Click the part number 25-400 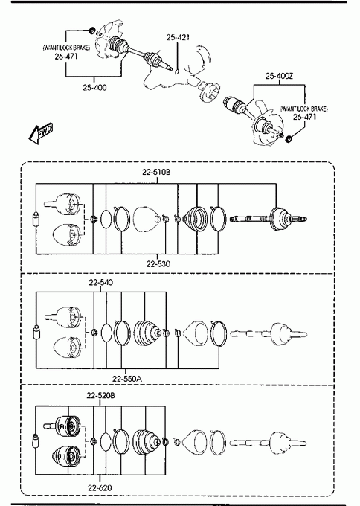point(94,88)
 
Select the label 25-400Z point(279,76)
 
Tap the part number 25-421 point(177,37)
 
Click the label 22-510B point(156,172)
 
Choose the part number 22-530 point(158,264)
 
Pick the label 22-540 point(100,282)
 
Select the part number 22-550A point(126,379)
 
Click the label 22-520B point(100,395)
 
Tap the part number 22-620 point(100,488)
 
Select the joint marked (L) point(66,456)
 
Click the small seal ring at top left point(92,31)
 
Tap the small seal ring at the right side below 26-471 point(289,139)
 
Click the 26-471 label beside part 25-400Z point(304,117)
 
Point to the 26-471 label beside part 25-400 point(66,56)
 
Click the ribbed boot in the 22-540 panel point(147,333)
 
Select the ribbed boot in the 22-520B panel point(147,442)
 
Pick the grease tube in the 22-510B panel point(36,220)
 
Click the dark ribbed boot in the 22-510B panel point(196,219)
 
